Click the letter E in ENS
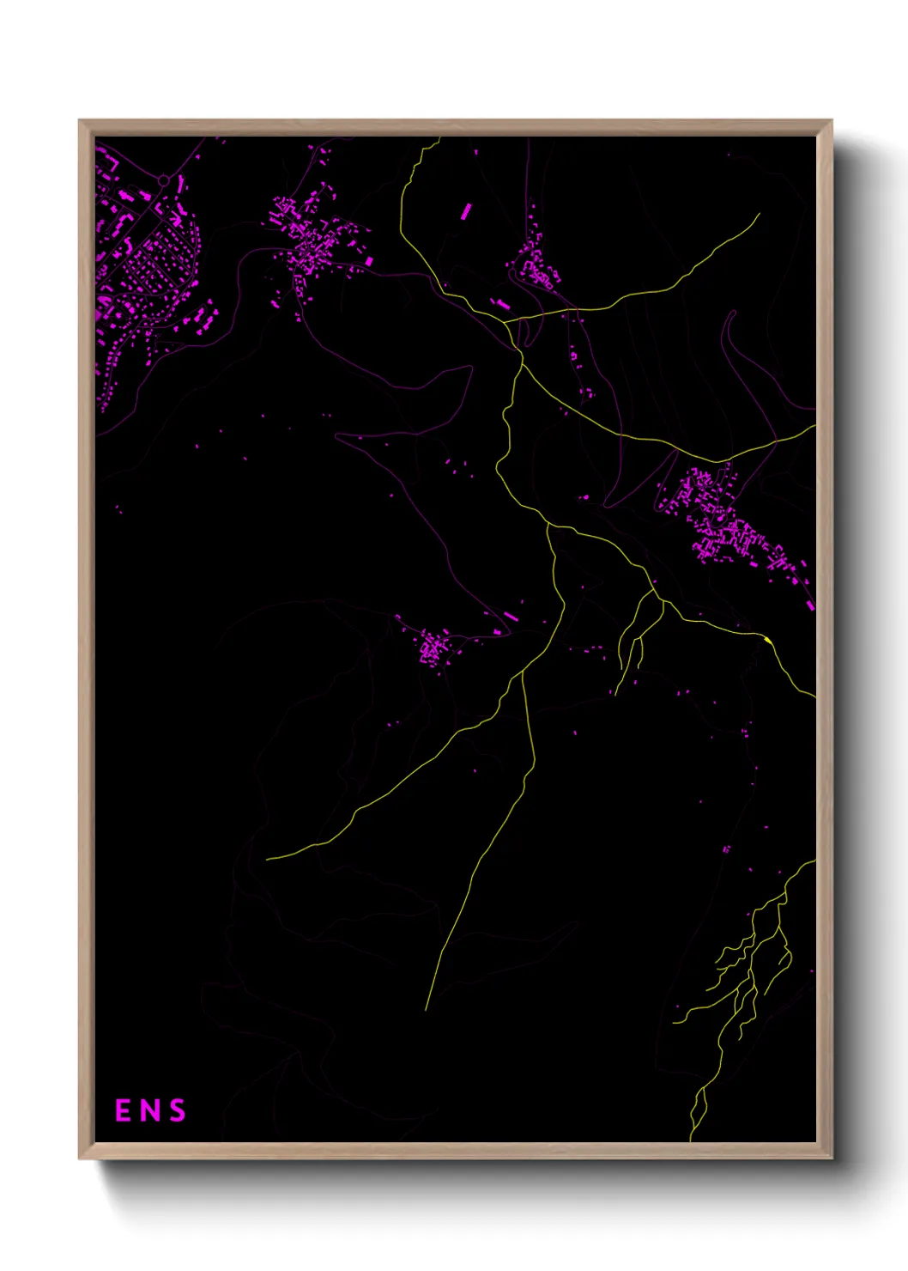click(x=124, y=1110)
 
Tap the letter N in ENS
click(x=150, y=1110)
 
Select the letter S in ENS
click(x=177, y=1110)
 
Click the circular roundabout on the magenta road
click(x=163, y=180)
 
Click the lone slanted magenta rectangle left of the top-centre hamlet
click(x=467, y=211)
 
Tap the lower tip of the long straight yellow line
click(x=426, y=1009)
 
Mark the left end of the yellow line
click(x=267, y=858)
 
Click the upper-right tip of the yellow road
click(x=759, y=214)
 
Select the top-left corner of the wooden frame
click(x=80, y=121)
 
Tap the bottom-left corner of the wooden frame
click(x=80, y=1158)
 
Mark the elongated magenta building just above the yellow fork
click(x=500, y=303)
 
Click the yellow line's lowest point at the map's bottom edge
click(x=692, y=1139)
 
